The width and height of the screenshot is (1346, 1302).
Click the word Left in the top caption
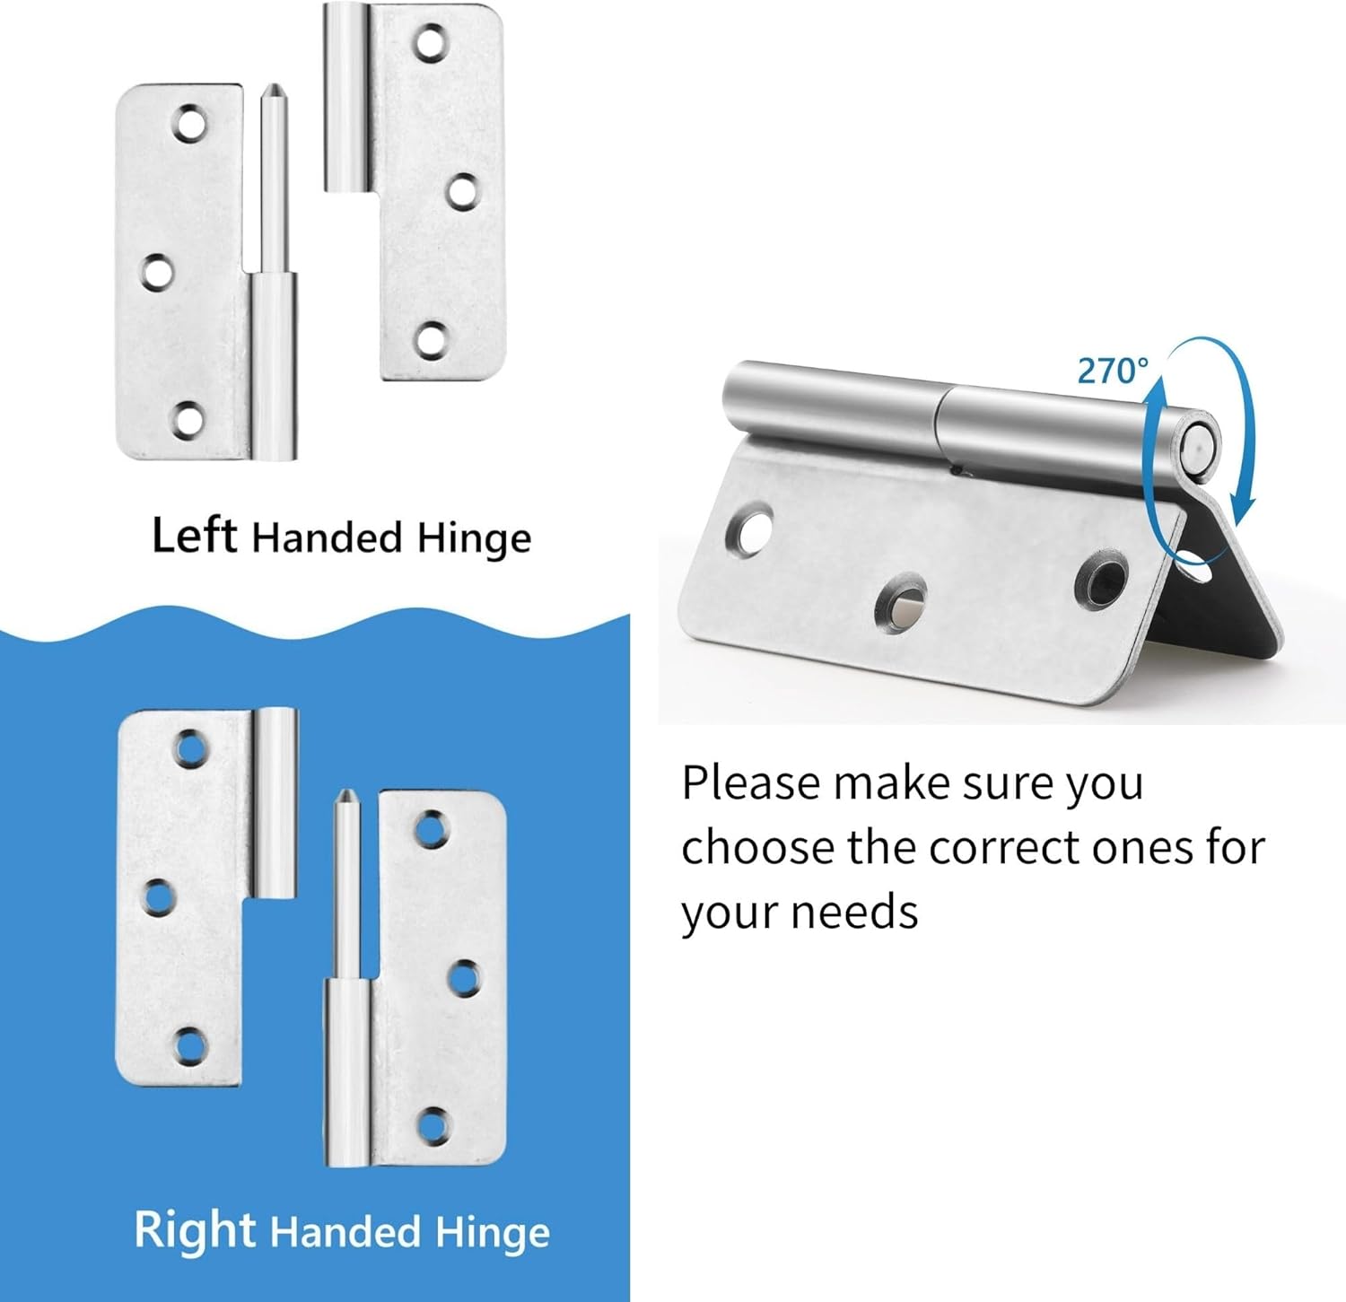pos(194,536)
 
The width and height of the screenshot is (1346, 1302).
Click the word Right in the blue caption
pos(195,1229)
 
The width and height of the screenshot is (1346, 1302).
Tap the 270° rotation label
pos(1113,371)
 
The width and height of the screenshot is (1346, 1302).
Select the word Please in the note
pos(751,783)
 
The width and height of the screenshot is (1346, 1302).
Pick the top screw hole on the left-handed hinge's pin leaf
pos(189,125)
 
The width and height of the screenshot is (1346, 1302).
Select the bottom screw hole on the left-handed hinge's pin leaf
pos(188,420)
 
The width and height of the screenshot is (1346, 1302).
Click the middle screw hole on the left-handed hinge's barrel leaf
pos(462,189)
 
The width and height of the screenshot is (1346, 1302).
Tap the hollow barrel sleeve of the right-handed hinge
pos(277,803)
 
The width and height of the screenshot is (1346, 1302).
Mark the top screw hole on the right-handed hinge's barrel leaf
pos(188,747)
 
